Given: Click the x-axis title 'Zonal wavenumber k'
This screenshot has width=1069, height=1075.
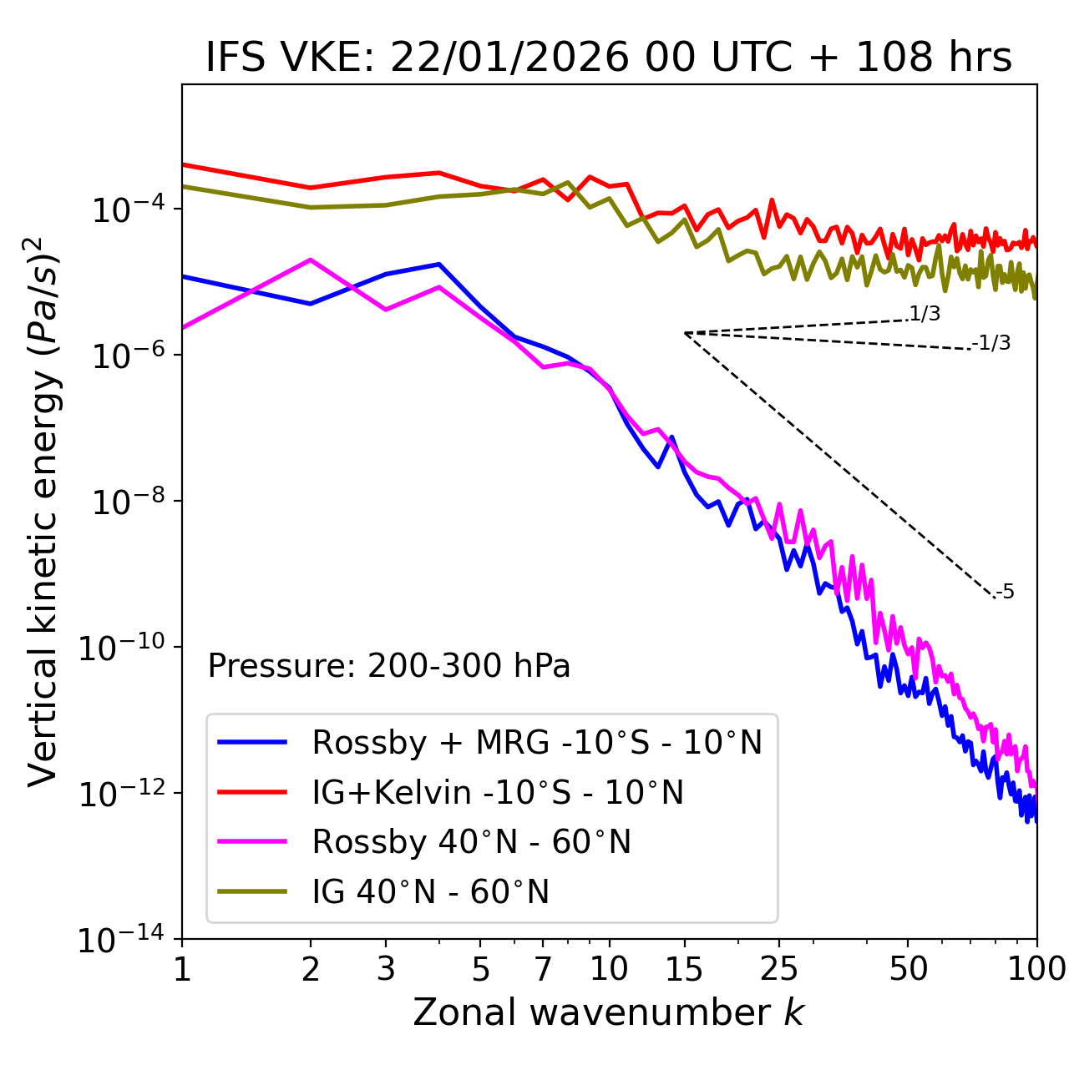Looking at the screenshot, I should [x=609, y=1012].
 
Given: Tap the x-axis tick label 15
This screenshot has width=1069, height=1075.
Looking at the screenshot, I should [x=684, y=969].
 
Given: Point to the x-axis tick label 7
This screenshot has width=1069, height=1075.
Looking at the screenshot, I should [x=543, y=969].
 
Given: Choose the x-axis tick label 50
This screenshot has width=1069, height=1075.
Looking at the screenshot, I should [x=908, y=969].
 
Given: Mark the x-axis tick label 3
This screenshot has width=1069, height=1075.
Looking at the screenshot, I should [x=386, y=969].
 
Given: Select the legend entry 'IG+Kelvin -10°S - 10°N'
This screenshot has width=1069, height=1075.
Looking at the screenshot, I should [x=498, y=792].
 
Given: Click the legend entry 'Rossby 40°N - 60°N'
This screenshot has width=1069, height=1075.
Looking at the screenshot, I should [x=471, y=842].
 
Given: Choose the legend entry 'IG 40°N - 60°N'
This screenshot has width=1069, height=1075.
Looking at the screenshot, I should [x=430, y=892].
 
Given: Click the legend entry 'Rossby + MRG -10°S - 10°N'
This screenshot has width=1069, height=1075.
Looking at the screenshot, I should [x=537, y=742].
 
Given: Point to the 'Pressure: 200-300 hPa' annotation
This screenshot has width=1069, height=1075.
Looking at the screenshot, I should [x=389, y=666].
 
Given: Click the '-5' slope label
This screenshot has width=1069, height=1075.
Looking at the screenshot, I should [x=1005, y=592].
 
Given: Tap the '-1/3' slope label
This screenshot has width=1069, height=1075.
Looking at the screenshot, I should [x=992, y=342].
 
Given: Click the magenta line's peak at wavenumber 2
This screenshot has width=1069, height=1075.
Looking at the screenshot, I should [x=311, y=260].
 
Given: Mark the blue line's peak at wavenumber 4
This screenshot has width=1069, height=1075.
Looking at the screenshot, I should [x=439, y=264].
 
